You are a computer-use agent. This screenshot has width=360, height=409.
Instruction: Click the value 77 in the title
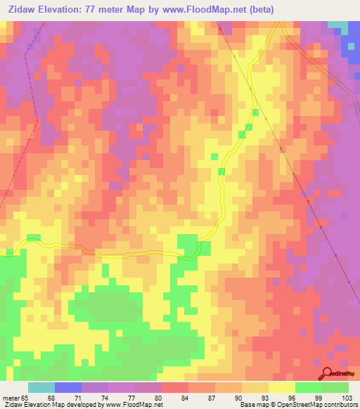(97, 9)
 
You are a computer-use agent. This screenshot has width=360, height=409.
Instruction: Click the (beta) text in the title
(257, 9)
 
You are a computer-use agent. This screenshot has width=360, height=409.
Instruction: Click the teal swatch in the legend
(41, 387)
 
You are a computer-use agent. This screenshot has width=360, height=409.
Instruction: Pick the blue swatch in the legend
(68, 387)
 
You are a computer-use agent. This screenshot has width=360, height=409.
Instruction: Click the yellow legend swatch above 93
(255, 387)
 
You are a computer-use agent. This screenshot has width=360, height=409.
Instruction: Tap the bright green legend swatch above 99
(309, 387)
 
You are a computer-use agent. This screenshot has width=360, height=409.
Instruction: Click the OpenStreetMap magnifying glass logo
(327, 373)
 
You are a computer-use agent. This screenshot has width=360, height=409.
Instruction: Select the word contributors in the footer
(338, 405)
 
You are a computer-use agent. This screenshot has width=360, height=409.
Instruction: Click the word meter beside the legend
(11, 398)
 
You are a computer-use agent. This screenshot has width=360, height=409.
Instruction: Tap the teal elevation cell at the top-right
(337, 25)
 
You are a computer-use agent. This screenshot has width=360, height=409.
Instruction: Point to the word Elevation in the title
(59, 9)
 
